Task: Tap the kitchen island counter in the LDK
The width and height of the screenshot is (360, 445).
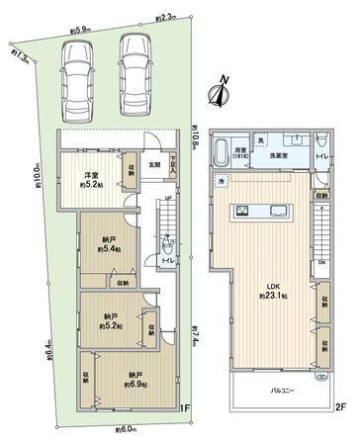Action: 262,211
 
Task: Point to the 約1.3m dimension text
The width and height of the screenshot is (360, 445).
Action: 22,57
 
